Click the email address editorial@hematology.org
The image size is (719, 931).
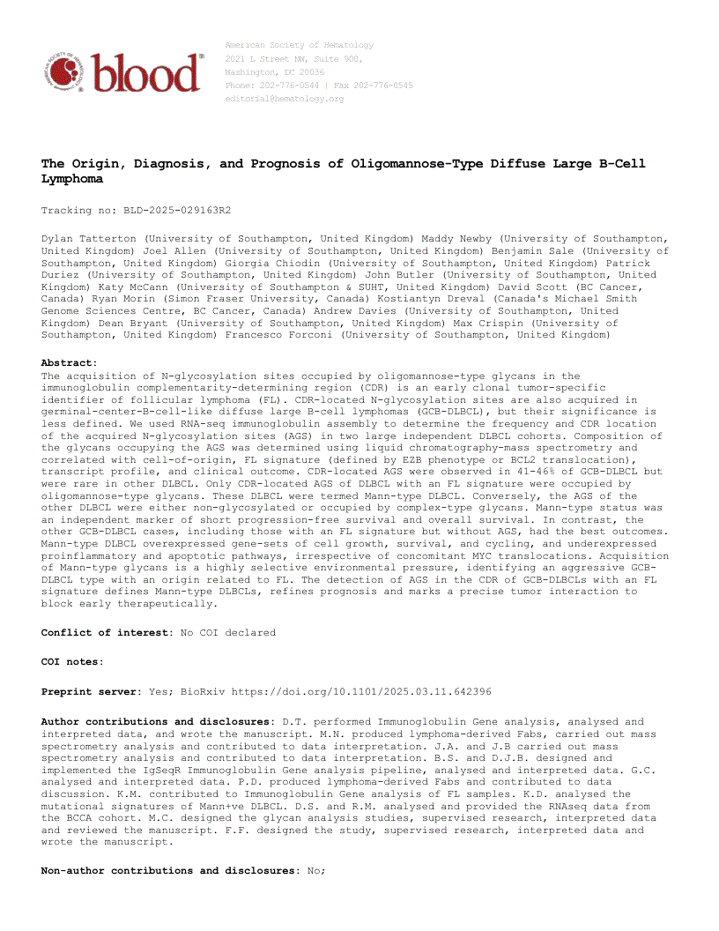pyautogui.click(x=285, y=99)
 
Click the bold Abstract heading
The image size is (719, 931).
pyautogui.click(x=69, y=362)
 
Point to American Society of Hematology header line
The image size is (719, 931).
pyautogui.click(x=300, y=45)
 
